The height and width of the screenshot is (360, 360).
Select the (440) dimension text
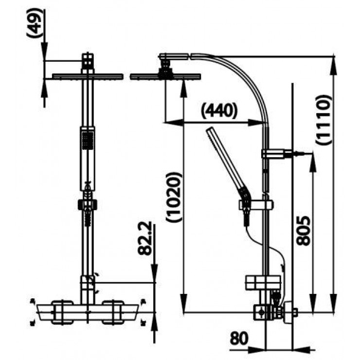(218, 111)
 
